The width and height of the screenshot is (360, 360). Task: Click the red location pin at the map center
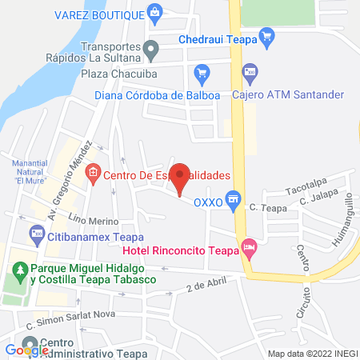(x=181, y=178)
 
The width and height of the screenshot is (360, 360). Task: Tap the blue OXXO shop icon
(x=234, y=198)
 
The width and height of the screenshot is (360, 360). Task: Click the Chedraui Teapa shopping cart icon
(x=268, y=35)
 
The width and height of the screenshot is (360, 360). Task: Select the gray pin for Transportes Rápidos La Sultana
(x=150, y=50)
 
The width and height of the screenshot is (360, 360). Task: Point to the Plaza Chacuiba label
(x=119, y=74)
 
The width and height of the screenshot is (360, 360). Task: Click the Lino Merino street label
(x=94, y=220)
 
